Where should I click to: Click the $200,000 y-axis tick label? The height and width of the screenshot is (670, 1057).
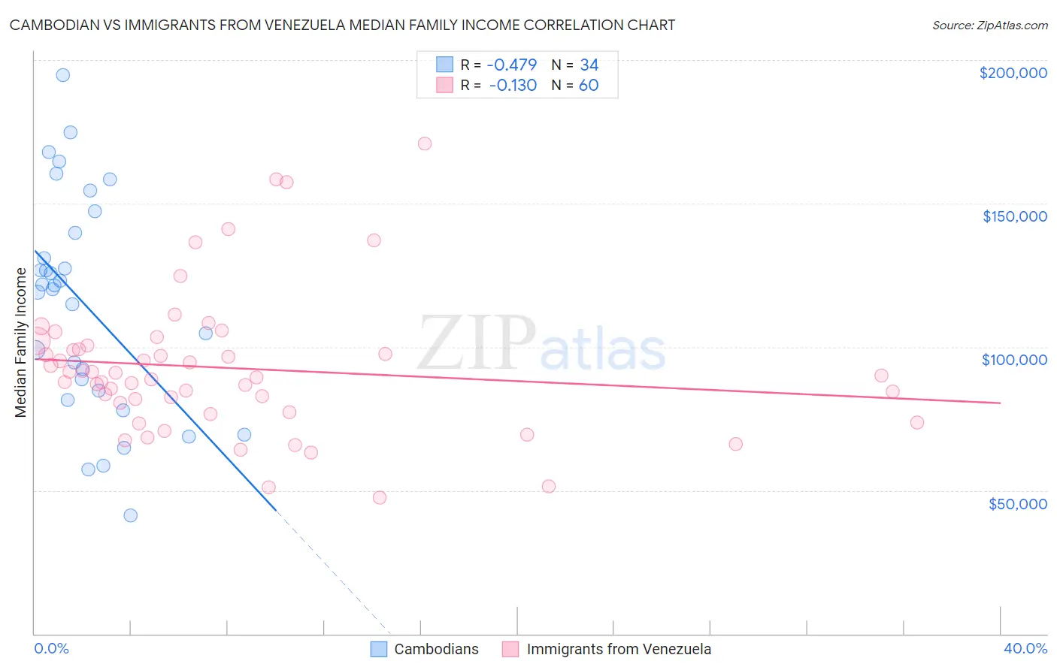[1013, 73]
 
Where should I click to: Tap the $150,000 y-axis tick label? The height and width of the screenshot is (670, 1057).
[1014, 216]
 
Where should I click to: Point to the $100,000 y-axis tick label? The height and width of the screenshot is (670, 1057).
[1014, 360]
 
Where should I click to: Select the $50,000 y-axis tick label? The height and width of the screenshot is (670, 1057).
[1017, 504]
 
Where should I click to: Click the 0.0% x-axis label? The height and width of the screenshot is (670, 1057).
[51, 649]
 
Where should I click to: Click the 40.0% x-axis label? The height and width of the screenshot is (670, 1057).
[1025, 649]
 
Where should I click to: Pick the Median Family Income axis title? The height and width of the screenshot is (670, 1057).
[21, 343]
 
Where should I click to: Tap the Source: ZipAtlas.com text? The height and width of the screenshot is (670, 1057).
[989, 26]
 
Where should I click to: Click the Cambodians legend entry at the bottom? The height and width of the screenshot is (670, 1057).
[425, 649]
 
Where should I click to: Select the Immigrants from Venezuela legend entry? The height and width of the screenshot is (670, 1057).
[607, 649]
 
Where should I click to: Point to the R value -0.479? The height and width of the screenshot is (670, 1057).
[511, 65]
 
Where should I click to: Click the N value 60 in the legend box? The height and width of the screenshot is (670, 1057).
[589, 86]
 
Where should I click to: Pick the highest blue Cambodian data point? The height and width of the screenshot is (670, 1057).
[63, 75]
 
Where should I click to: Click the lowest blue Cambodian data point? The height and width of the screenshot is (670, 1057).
[131, 515]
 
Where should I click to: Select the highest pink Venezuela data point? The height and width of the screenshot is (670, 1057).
[425, 143]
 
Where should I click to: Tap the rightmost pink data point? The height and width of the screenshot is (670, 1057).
[917, 422]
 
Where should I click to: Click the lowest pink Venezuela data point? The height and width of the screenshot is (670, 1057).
[380, 498]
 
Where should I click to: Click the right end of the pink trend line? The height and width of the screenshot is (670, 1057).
[1000, 403]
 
